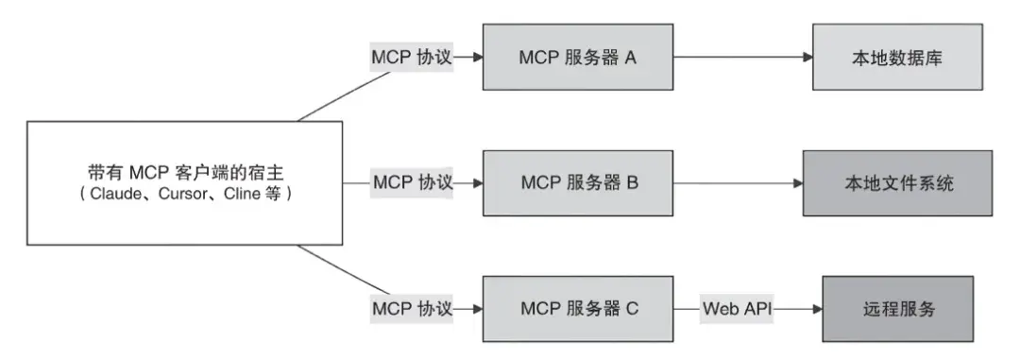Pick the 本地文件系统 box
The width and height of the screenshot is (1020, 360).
tap(897, 181)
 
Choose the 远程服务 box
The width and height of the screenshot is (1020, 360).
tap(897, 308)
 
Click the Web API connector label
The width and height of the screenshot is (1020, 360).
tap(736, 308)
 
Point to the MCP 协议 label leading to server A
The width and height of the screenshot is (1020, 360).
tap(409, 58)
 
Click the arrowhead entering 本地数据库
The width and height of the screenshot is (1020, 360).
tap(807, 58)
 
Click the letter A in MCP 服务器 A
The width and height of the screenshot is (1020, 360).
tap(630, 58)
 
